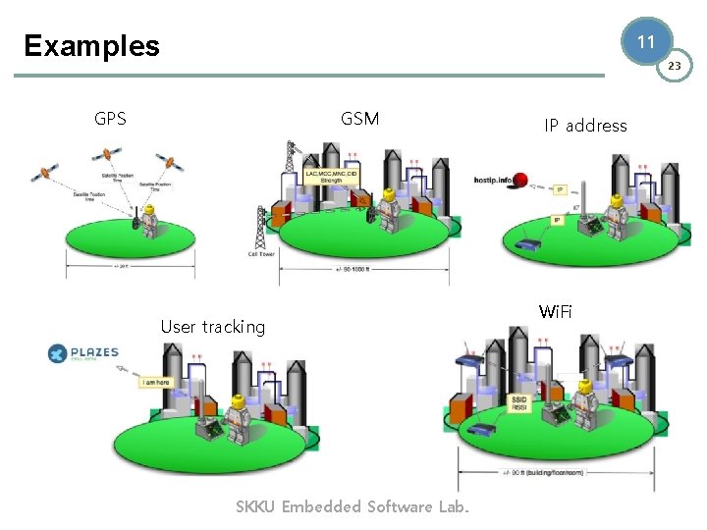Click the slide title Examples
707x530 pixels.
[x=91, y=46]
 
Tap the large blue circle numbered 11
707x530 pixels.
[x=645, y=42]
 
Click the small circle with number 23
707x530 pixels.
[x=674, y=66]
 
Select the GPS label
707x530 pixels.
[x=110, y=119]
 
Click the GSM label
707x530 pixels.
[x=359, y=119]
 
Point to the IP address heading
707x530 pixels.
[x=585, y=126]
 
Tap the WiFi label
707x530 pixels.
[x=555, y=312]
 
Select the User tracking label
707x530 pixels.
[x=212, y=327]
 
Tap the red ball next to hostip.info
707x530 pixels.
[x=521, y=180]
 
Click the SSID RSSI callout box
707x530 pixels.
[x=520, y=403]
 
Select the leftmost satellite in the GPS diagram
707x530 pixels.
[x=43, y=173]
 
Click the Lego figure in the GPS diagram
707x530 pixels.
[x=149, y=222]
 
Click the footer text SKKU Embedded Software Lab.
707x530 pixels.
[x=353, y=506]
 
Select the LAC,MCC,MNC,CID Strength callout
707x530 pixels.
[x=331, y=177]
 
